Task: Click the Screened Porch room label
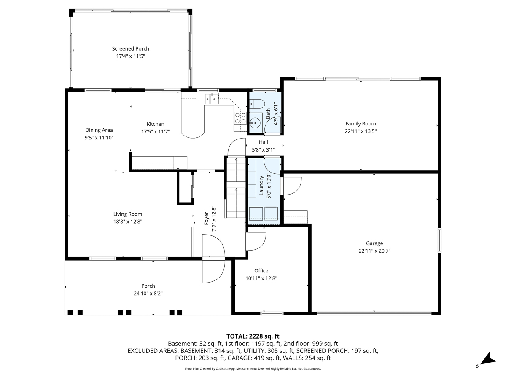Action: pos(130,48)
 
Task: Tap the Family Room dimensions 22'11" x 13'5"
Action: pos(361,131)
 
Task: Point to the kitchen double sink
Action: pos(212,99)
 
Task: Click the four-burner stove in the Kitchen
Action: pos(240,118)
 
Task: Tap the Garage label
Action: pos(374,243)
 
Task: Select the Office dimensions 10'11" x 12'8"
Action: pos(261,278)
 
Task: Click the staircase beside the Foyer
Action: pos(235,187)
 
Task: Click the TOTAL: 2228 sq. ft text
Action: pos(253,336)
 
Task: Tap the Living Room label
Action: pos(127,214)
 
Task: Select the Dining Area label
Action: pos(99,130)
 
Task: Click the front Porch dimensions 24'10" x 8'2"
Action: pos(148,293)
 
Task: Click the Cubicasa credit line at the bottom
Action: pos(253,368)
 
